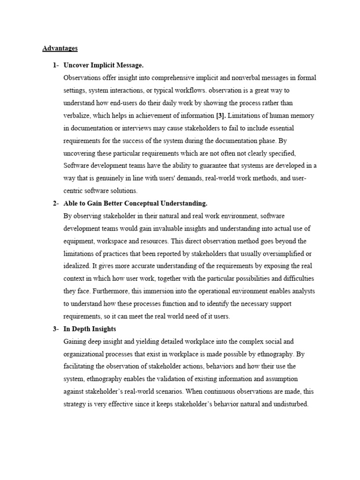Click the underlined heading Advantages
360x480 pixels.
pos(60,48)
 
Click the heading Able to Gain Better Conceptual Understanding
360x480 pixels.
pos(135,203)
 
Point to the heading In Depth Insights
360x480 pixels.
pos(90,329)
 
